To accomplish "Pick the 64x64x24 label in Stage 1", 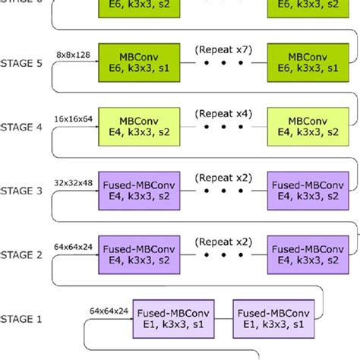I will tap(107, 311).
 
